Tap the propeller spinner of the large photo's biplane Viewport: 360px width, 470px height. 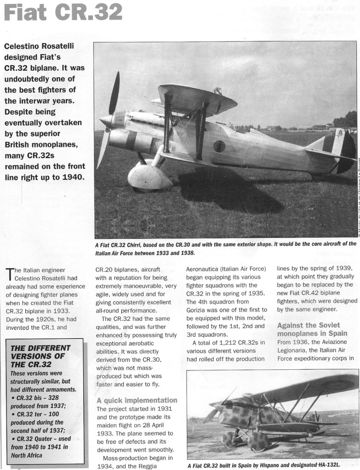pos(105,121)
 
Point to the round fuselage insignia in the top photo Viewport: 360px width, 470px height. pos(219,147)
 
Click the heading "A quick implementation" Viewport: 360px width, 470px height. pos(137,400)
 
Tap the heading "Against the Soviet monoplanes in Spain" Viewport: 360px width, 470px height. pos(312,329)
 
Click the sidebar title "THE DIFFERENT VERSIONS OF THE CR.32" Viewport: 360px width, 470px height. pos(40,356)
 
